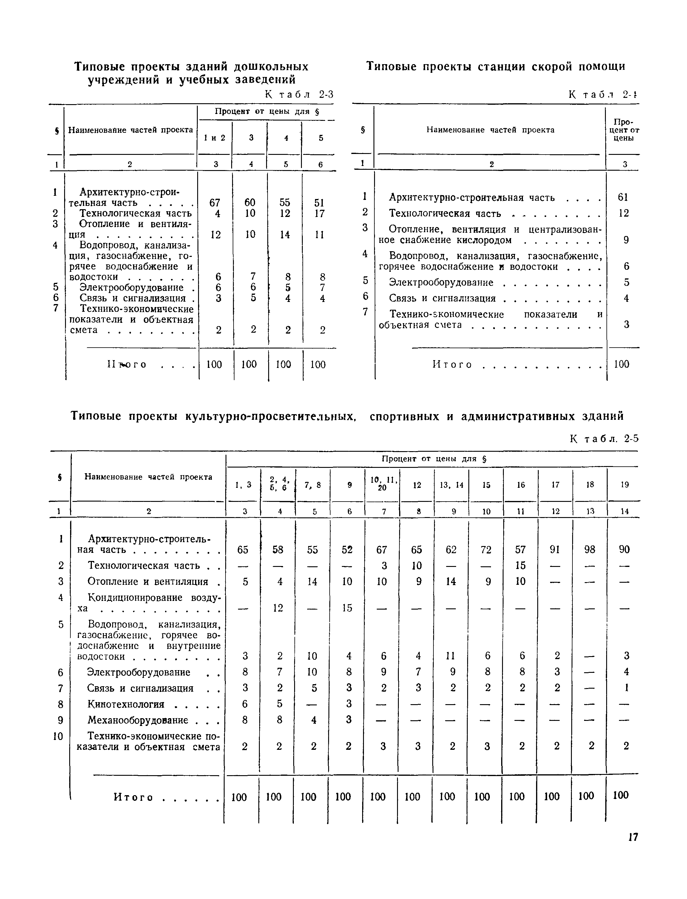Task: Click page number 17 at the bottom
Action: tap(633, 837)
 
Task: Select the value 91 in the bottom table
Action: tap(555, 550)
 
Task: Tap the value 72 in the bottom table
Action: tap(486, 550)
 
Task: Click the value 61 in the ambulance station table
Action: tap(623, 198)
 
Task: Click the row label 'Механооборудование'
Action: tap(138, 720)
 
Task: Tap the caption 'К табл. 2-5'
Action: tap(604, 439)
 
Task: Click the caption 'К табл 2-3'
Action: tap(299, 95)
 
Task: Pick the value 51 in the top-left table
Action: tap(319, 203)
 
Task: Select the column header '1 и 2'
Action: tap(215, 138)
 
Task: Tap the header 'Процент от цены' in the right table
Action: tap(623, 130)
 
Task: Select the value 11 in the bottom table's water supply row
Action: tap(451, 656)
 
